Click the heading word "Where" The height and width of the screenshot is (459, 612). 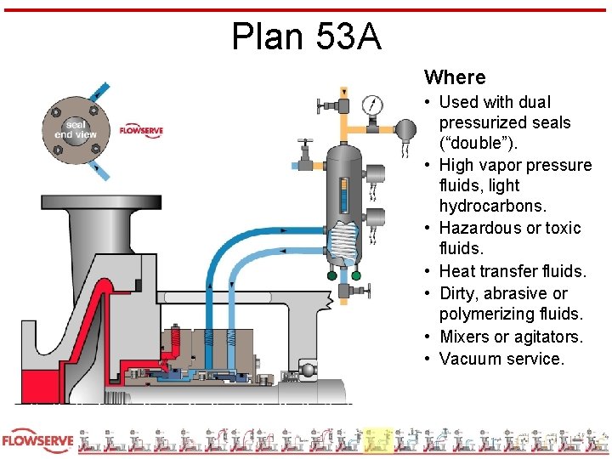455,77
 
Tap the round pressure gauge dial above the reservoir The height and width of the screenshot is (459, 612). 372,105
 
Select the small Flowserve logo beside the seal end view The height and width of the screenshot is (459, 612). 141,130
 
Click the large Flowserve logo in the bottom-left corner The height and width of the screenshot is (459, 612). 38,442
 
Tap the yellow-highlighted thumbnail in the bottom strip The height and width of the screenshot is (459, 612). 377,440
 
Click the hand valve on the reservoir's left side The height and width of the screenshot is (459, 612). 304,156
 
